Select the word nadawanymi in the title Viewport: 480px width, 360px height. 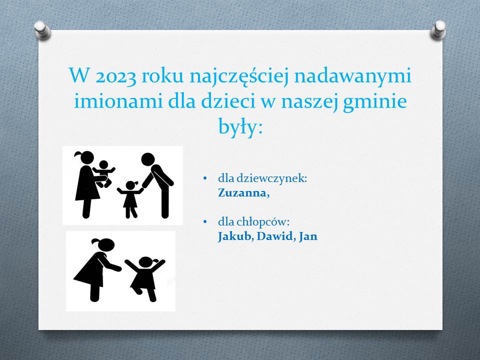(x=352, y=76)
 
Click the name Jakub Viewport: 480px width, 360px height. (x=234, y=236)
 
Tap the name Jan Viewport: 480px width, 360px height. (x=308, y=236)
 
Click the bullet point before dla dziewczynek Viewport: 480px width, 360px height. (x=205, y=178)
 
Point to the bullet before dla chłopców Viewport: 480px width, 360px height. (x=205, y=221)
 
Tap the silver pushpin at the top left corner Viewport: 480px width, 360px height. (x=42, y=30)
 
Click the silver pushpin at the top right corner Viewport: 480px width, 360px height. (x=438, y=30)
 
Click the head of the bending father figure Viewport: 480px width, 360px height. (x=148, y=159)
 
